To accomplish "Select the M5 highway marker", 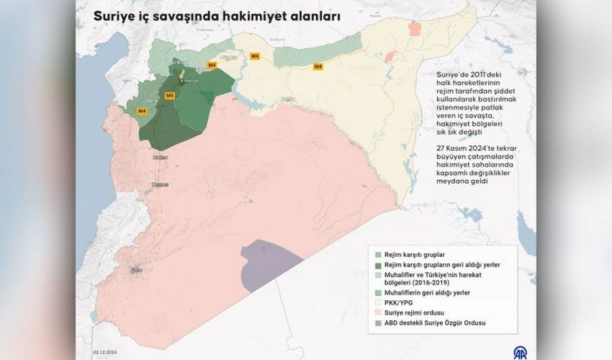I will click(169, 96).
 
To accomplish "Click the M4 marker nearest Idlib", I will click(142, 111).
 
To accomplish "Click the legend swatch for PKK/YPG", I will click(378, 303).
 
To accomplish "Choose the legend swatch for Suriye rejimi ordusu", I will click(378, 313).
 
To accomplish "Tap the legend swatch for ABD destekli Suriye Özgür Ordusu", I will click(378, 323).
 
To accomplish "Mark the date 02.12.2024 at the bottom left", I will click(105, 352).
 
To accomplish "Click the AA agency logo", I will click(521, 352).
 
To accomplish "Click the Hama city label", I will click(159, 157).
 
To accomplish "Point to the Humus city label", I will click(160, 184).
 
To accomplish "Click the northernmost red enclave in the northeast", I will click(415, 29).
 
